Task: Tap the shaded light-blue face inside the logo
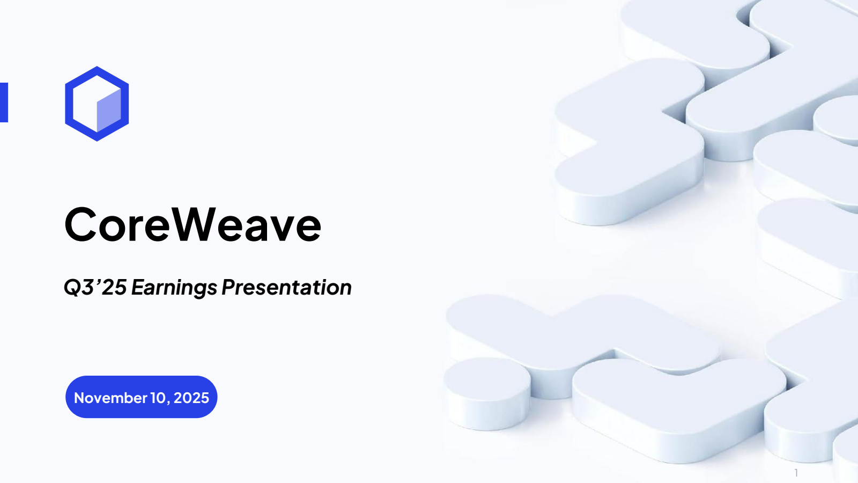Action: (x=109, y=111)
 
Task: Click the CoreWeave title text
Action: (x=193, y=224)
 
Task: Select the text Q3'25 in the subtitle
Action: (x=95, y=287)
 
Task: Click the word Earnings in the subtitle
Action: (x=174, y=288)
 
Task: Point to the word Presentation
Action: (x=286, y=287)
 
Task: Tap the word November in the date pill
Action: (x=110, y=398)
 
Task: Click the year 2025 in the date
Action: (x=191, y=398)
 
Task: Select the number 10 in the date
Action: (x=158, y=398)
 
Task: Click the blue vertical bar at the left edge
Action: (x=4, y=103)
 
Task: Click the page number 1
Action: (x=796, y=473)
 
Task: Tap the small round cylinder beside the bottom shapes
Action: (x=487, y=393)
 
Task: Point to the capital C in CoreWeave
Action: (x=80, y=224)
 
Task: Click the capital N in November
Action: (x=80, y=398)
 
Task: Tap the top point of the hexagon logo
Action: (x=97, y=67)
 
